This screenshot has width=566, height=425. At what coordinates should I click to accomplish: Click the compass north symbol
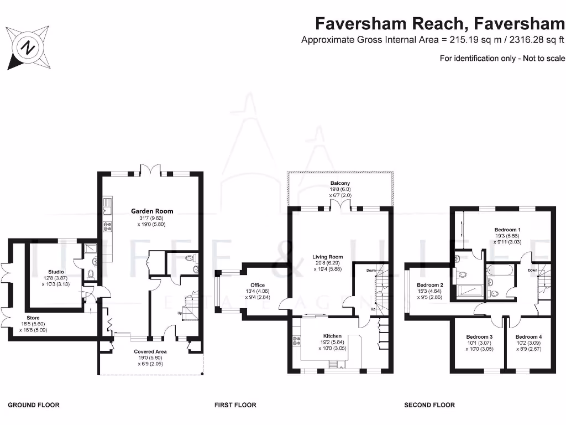point(27,48)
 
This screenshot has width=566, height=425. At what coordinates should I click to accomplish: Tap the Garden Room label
point(152,211)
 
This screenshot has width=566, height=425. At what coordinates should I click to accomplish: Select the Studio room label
point(56,272)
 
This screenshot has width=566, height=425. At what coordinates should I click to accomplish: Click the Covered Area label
point(150,351)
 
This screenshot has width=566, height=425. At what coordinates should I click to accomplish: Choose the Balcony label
point(340,183)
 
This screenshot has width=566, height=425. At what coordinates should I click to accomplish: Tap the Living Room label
point(328,257)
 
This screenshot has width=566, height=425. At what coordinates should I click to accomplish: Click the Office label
point(258,285)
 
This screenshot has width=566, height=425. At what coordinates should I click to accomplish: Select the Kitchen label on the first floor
point(332,336)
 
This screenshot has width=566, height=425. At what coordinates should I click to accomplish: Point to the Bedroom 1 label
point(507,229)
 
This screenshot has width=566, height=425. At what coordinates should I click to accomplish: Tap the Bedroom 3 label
point(479,336)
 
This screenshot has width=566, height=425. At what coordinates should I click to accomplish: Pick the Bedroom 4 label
point(528,336)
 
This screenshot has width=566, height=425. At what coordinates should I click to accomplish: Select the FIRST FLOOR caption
point(235,405)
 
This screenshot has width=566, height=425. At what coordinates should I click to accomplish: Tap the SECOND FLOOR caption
point(429,405)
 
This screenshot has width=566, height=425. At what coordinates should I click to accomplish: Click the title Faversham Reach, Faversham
point(439,24)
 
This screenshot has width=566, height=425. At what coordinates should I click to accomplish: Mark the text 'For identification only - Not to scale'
point(502,58)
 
